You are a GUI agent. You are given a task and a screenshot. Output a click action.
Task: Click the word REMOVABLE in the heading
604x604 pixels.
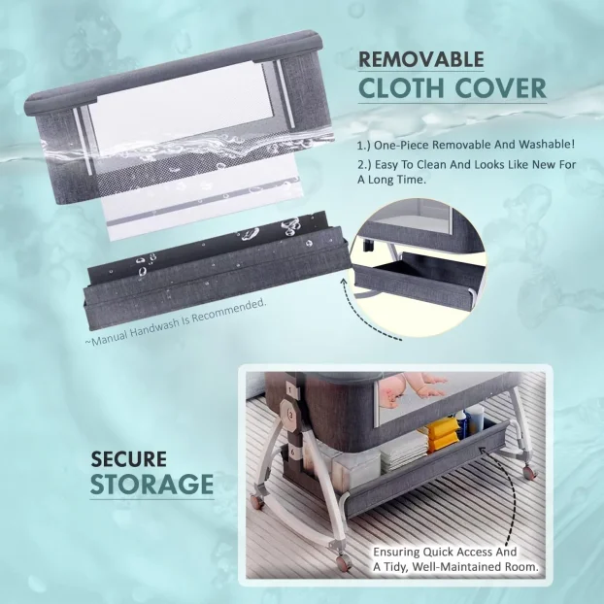(421, 59)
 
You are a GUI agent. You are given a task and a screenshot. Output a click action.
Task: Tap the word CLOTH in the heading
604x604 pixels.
(401, 88)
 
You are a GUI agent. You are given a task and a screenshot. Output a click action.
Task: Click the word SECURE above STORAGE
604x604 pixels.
(128, 459)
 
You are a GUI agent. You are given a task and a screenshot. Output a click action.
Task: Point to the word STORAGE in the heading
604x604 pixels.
(151, 484)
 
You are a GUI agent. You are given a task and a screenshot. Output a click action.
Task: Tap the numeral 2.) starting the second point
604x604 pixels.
(364, 165)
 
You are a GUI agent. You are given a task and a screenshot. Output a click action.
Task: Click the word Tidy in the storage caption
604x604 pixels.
(395, 567)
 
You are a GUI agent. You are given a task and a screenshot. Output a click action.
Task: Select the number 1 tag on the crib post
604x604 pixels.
(292, 391)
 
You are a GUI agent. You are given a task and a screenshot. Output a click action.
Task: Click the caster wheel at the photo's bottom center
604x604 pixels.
(343, 563)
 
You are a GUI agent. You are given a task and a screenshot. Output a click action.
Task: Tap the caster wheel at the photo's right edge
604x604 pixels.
(529, 472)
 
